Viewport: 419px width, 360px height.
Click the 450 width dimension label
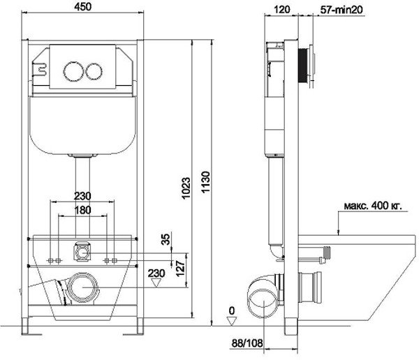click(x=83, y=6)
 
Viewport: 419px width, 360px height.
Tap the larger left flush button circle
click(x=73, y=71)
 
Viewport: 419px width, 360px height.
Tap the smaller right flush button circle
click(x=94, y=71)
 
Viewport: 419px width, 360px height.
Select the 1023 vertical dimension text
click(x=186, y=188)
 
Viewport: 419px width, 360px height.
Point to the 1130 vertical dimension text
click(x=206, y=182)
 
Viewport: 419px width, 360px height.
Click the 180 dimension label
click(x=82, y=210)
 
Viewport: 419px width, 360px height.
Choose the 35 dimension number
click(x=166, y=239)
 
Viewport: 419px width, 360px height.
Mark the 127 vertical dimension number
click(x=180, y=269)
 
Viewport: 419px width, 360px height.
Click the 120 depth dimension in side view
click(x=282, y=9)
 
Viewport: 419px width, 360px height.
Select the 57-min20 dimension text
click(x=341, y=10)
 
